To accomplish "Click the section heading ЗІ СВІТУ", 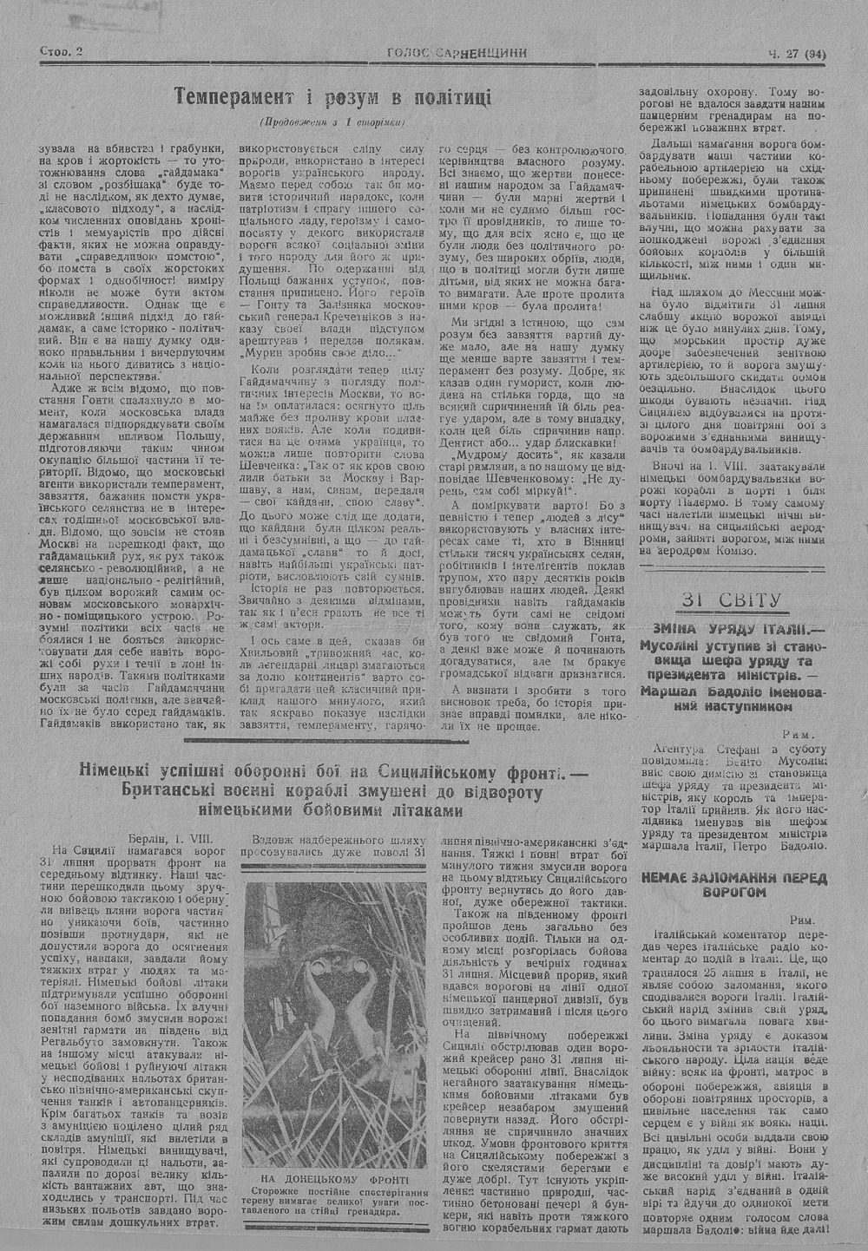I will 733,600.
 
